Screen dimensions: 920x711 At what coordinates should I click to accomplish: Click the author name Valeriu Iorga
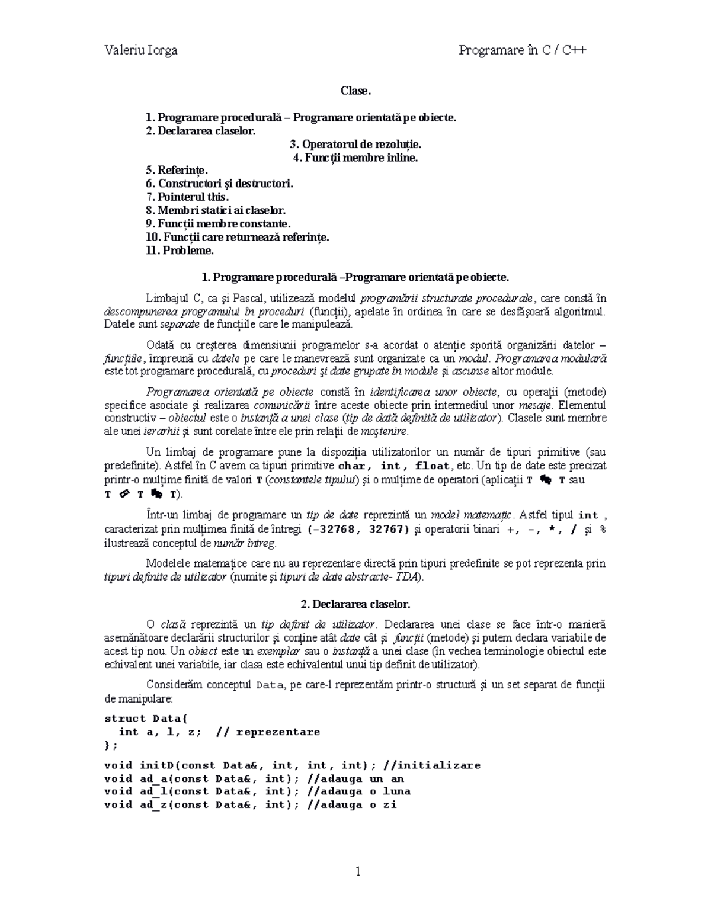(x=140, y=50)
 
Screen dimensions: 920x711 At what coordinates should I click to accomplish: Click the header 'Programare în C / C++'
(x=522, y=50)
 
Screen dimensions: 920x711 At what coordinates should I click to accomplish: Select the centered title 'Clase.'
(x=355, y=91)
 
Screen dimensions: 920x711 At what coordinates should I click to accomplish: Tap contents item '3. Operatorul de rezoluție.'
(x=355, y=144)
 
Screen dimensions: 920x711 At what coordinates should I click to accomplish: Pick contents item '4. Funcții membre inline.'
(x=355, y=158)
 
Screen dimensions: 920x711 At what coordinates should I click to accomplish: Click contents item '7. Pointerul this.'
(x=187, y=197)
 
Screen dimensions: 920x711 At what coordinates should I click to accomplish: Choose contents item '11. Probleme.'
(x=180, y=251)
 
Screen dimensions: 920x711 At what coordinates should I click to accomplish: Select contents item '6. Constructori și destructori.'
(x=219, y=184)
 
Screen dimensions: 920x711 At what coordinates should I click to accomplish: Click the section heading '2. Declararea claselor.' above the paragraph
(x=355, y=604)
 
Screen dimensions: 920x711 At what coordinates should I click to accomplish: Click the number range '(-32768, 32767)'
(x=358, y=530)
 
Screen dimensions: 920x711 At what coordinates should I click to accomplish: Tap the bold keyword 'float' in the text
(x=433, y=466)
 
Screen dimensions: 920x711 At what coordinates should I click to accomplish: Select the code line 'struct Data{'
(x=146, y=719)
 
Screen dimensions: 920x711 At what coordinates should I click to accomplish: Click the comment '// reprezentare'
(x=268, y=732)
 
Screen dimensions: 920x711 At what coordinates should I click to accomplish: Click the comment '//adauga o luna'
(x=360, y=791)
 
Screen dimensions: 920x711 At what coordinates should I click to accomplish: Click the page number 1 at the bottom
(x=357, y=871)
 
